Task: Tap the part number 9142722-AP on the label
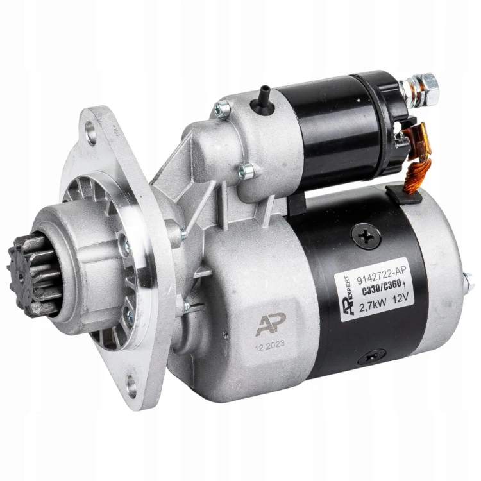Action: click(x=382, y=274)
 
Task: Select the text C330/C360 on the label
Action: click(x=382, y=288)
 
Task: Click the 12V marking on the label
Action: click(x=399, y=300)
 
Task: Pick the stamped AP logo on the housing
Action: click(x=271, y=325)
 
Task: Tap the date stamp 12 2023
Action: click(x=269, y=346)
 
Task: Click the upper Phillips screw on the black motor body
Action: click(x=366, y=236)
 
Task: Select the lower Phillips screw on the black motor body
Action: click(x=372, y=357)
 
